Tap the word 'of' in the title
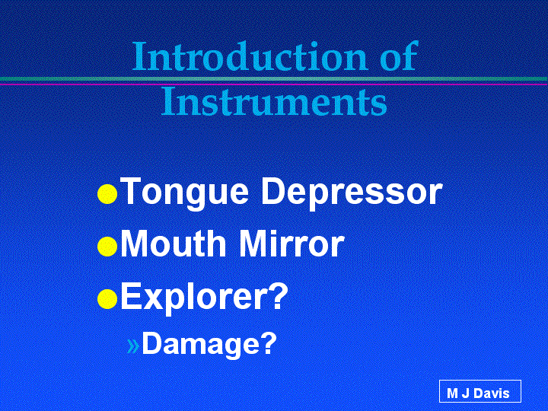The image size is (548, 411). [400, 56]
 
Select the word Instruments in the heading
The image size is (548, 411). [274, 101]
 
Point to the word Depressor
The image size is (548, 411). [352, 193]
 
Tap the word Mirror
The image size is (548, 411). [292, 244]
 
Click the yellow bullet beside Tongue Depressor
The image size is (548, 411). [107, 194]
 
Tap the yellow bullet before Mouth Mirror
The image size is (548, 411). [107, 247]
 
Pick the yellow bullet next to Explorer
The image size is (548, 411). [107, 299]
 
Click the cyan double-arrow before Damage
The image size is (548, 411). [133, 346]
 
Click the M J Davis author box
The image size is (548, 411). [479, 391]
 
